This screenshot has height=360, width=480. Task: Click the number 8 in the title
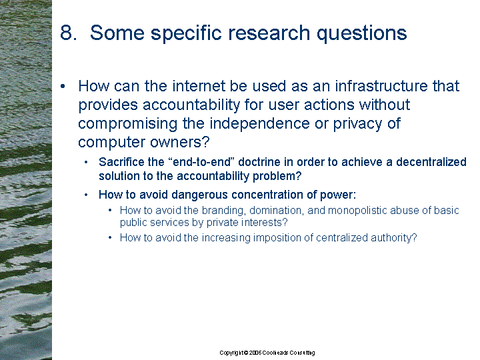tap(66, 33)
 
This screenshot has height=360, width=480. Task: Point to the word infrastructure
tap(381, 86)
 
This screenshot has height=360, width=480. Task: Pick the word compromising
tap(127, 124)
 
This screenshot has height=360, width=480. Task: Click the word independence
tap(259, 124)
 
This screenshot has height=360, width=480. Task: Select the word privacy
tap(358, 124)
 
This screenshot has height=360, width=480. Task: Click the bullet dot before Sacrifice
tap(86, 162)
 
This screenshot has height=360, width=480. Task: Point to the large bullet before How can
tap(63, 87)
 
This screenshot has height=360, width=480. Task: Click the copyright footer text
tap(267, 353)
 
